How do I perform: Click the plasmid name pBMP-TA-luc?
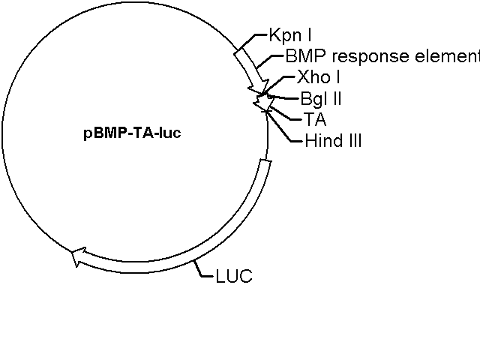[132, 133]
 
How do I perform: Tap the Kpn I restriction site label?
[290, 35]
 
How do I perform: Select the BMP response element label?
[382, 56]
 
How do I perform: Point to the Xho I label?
[318, 76]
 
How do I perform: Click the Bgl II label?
[321, 98]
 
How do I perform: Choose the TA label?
[315, 119]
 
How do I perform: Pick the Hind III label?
[333, 141]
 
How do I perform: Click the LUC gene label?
[234, 276]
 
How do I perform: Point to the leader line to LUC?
[201, 269]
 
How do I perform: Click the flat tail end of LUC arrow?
[265, 162]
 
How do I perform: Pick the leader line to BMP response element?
[268, 61]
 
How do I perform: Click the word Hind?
[324, 141]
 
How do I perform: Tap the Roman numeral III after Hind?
[355, 141]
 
